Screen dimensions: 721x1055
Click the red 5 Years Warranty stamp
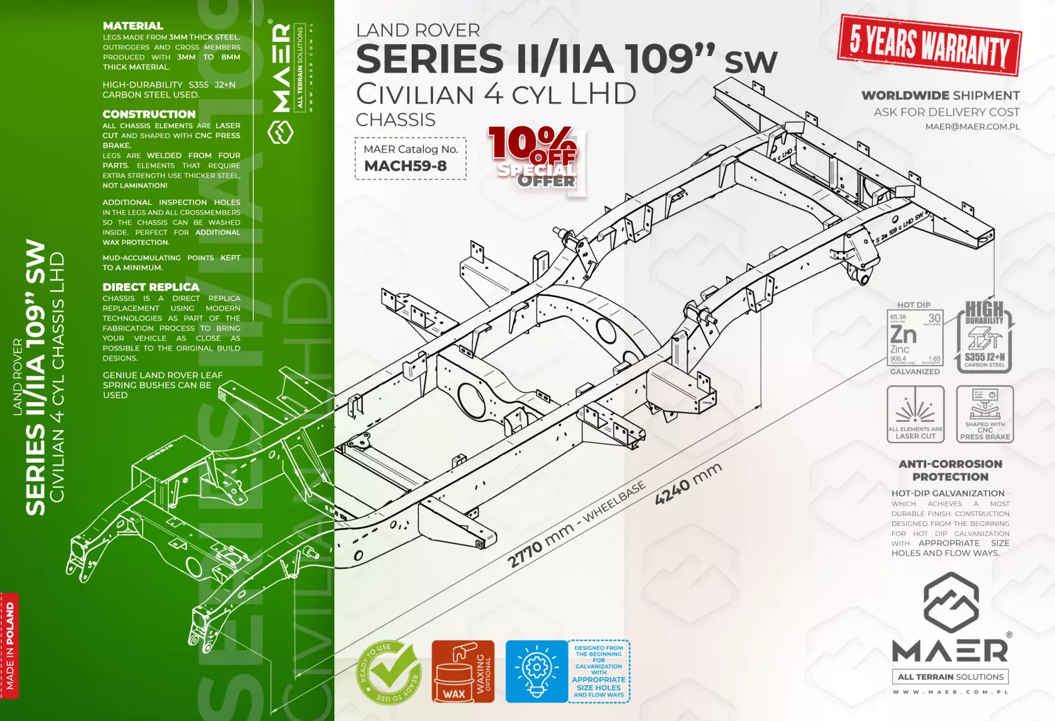929,45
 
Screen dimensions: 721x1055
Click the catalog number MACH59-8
405,166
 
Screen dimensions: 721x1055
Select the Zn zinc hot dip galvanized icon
915,337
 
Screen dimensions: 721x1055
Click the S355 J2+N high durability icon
985,338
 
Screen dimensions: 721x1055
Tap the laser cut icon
915,414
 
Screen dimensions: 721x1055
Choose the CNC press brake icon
984,414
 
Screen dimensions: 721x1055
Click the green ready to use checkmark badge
389,672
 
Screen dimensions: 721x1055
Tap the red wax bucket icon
462,672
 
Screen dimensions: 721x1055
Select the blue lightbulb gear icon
536,672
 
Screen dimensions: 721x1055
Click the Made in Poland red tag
10,646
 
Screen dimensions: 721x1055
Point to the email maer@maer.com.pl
972,127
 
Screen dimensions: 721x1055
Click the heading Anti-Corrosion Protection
950,470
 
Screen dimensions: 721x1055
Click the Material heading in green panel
133,26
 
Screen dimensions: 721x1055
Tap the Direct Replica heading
151,287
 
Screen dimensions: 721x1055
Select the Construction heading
149,114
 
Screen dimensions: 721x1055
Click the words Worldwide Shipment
940,95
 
